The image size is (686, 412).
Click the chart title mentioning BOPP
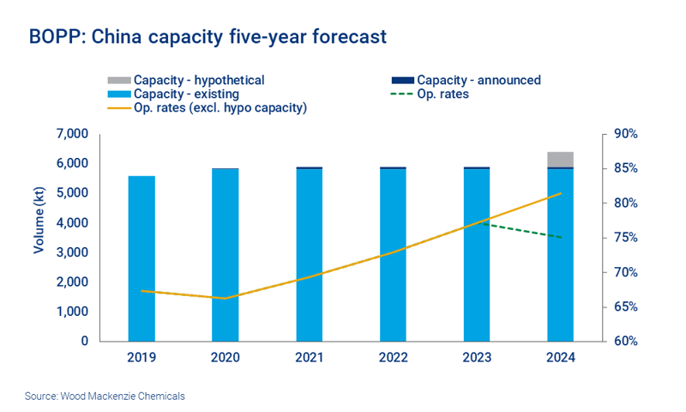[x=208, y=37]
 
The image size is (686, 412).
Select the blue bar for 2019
[x=141, y=257]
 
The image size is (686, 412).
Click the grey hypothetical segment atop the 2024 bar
[x=561, y=160]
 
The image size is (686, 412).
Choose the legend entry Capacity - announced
[x=478, y=81]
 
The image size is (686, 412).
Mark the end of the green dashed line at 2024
[x=561, y=238]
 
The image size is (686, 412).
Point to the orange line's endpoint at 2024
[x=561, y=193]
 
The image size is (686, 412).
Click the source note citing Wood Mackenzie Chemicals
[x=105, y=397]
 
